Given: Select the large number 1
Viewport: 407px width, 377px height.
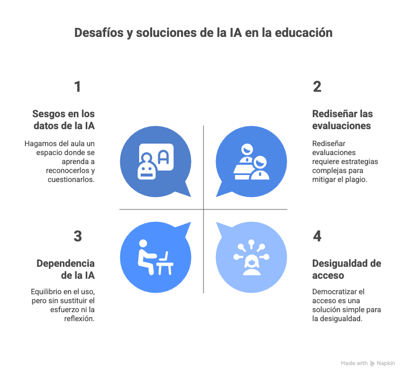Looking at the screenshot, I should (x=77, y=87).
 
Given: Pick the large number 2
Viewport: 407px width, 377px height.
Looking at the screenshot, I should (x=317, y=87).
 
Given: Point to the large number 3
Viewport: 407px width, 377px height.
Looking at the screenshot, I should (x=77, y=236).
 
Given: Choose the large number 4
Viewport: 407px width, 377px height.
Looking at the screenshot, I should (x=317, y=236).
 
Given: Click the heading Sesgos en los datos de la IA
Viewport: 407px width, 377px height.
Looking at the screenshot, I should (x=63, y=120).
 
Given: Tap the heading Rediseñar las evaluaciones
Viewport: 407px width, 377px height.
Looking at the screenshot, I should (x=342, y=120).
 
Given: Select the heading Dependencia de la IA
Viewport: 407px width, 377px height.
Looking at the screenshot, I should (x=65, y=269).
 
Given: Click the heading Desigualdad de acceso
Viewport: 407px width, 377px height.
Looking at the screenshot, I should (x=346, y=269).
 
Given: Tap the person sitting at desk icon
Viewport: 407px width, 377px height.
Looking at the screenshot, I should (x=155, y=257).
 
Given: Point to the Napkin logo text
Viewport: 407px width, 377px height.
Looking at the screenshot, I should (x=386, y=364).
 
